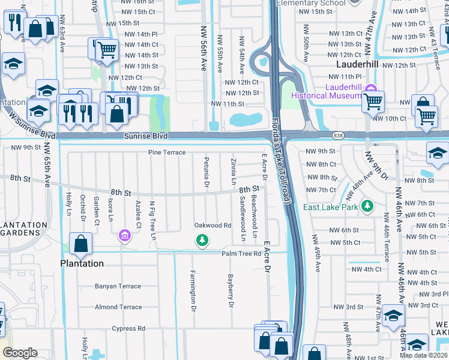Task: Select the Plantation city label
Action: point(82,263)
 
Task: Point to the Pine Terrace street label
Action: point(167,152)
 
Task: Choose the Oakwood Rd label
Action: point(212,226)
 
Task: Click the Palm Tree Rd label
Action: point(240,254)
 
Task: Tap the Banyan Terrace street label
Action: point(118,286)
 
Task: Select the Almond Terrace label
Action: point(118,307)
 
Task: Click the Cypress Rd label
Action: point(128,328)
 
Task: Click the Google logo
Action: point(20,353)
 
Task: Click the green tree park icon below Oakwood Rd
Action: point(203,241)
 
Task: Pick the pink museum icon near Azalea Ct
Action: point(124,235)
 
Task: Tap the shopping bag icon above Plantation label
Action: point(80,244)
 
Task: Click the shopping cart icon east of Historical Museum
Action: point(373,101)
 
